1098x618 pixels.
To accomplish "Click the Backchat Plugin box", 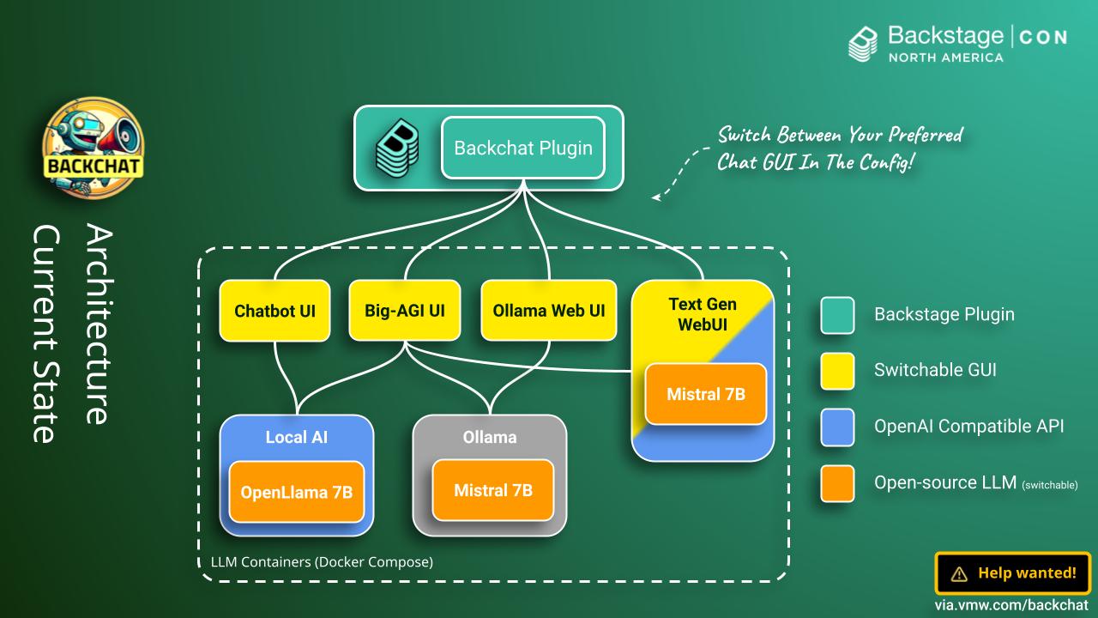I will click(x=523, y=148).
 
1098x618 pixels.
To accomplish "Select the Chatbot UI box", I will click(x=274, y=310).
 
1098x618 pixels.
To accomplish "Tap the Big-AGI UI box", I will click(x=405, y=310).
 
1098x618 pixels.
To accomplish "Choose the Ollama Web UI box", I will click(x=549, y=310).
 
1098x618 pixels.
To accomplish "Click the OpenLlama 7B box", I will click(x=297, y=492).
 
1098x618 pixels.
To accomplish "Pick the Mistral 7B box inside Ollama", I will click(x=493, y=490).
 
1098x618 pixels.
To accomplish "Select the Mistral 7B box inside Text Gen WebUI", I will click(x=705, y=394).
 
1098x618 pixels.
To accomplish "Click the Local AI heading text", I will click(x=297, y=438).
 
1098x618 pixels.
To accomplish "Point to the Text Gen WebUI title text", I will click(x=703, y=314).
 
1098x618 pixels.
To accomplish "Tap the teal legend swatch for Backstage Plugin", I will click(x=837, y=314).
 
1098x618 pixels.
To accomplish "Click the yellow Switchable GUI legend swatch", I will click(x=837, y=370).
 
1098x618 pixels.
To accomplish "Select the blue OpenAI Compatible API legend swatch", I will click(x=837, y=426).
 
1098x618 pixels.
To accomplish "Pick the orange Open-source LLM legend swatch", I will click(x=837, y=482).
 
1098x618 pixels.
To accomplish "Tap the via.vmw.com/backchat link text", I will click(x=1011, y=605).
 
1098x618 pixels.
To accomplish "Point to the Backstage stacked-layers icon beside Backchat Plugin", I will click(x=397, y=148).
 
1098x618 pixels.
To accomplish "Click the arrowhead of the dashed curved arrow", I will click(x=656, y=197).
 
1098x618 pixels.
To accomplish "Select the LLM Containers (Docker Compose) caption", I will click(x=322, y=562).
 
